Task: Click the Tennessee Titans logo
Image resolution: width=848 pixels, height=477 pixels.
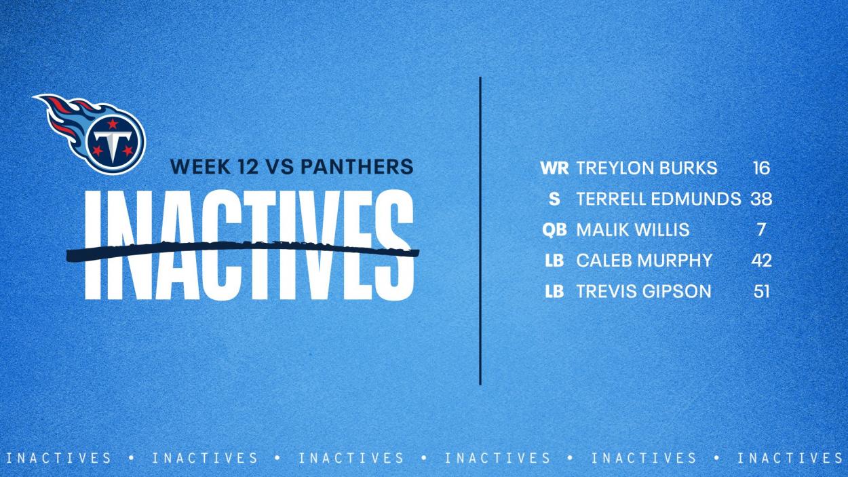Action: (91, 133)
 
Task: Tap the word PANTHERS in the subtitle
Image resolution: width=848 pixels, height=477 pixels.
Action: (358, 167)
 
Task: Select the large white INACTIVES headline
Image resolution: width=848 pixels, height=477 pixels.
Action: (249, 245)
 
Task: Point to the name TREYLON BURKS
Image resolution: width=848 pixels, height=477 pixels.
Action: (647, 168)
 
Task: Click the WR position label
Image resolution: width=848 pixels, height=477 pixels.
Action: (555, 168)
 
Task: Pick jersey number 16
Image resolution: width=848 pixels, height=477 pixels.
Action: (761, 168)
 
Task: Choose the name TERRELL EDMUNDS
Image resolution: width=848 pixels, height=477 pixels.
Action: (659, 199)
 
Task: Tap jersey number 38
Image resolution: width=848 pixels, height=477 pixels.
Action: (761, 199)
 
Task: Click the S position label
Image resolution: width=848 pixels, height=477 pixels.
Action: (555, 199)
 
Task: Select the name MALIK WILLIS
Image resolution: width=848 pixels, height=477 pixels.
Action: (633, 230)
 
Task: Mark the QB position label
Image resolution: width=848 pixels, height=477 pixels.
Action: (555, 230)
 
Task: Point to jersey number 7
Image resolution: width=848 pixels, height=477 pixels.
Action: (761, 230)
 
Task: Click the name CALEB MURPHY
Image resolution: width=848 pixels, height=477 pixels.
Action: (644, 261)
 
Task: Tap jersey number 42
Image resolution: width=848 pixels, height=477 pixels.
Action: (761, 261)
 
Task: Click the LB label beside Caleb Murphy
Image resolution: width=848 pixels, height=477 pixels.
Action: (555, 261)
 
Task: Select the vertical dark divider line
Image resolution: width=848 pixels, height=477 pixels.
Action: (480, 231)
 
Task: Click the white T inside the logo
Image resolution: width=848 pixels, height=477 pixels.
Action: (113, 144)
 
